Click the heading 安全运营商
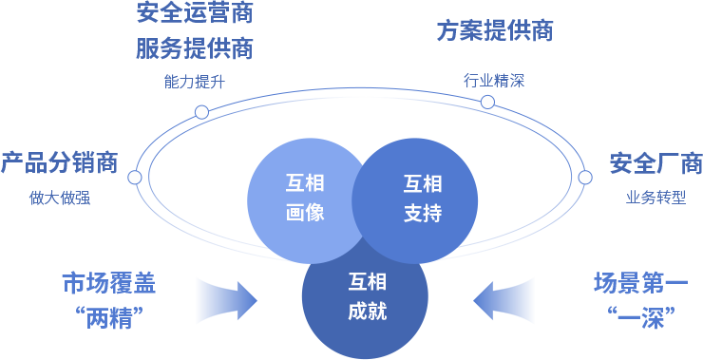tap(195, 13)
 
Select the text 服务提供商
tap(195, 47)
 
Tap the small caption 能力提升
tap(195, 82)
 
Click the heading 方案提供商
tap(495, 30)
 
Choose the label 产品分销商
tap(59, 162)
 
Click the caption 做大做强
tap(60, 198)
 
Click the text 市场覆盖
tap(108, 283)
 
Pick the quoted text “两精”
tap(108, 316)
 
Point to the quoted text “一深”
tap(640, 316)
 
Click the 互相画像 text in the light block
tap(305, 198)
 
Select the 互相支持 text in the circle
tap(423, 198)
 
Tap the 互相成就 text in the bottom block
tap(367, 296)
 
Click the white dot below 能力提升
tap(201, 112)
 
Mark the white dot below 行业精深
tap(487, 103)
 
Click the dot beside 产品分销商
tap(135, 178)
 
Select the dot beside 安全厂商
tap(585, 178)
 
